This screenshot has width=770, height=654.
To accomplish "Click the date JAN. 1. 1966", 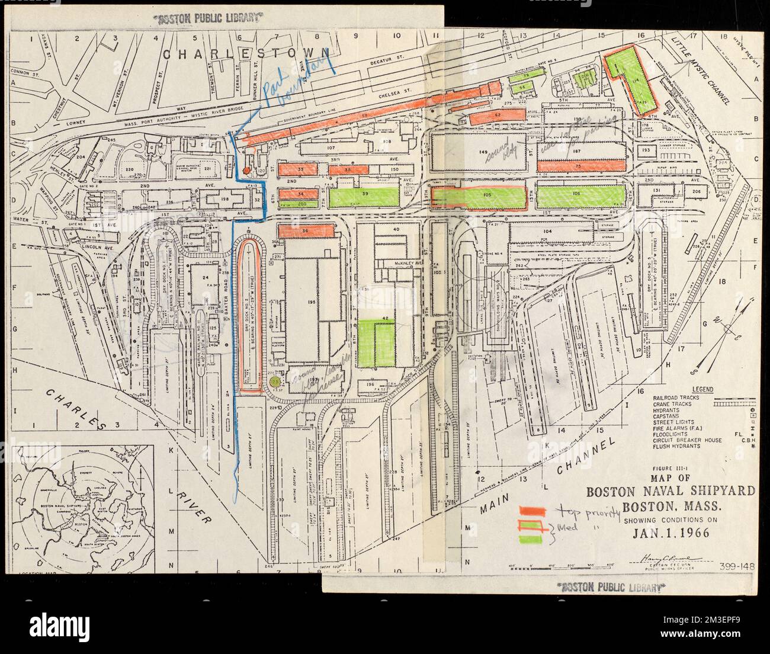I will click(x=666, y=532).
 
